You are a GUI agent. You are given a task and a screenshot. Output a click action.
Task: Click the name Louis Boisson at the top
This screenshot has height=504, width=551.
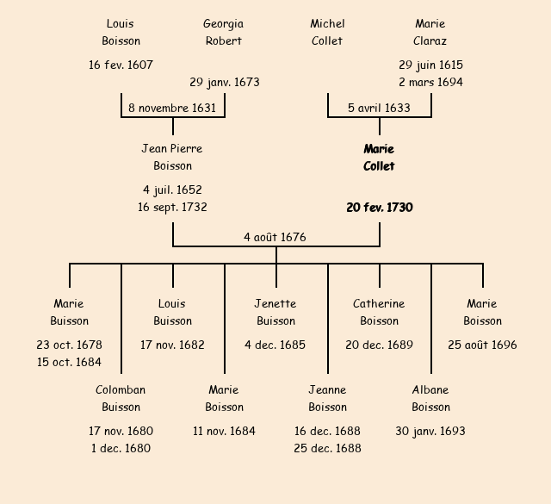coord(121,32)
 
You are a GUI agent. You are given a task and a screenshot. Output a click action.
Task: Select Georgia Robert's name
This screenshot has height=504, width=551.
coord(224,32)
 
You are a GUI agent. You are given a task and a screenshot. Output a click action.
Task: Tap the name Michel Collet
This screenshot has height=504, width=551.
coord(327,32)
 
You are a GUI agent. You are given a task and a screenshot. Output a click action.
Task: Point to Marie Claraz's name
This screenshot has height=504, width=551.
coord(430,32)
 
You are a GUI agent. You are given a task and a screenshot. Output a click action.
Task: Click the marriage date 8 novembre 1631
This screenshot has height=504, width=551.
coord(172,108)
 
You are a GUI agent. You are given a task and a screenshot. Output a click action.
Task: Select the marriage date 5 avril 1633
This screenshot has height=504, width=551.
coord(379,108)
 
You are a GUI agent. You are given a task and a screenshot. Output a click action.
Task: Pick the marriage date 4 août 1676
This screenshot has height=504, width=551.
coord(275,237)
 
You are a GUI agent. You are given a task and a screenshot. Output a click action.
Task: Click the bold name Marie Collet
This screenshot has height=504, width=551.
coord(379,158)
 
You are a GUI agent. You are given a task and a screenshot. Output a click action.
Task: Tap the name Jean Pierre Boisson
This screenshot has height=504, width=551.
coord(172,158)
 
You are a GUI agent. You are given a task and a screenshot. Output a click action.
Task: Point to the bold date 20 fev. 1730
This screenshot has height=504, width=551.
coord(380,208)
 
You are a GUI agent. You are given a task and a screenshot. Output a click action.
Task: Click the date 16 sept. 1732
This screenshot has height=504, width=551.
coord(172,207)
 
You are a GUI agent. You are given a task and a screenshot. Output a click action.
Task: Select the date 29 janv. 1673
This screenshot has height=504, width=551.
coord(225,83)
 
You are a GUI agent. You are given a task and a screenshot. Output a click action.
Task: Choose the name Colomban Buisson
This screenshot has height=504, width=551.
coord(121,399)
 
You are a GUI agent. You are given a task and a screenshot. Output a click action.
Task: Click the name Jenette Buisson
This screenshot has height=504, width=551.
coord(275,313)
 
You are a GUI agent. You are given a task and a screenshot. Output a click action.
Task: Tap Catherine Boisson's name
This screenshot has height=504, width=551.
coord(379,313)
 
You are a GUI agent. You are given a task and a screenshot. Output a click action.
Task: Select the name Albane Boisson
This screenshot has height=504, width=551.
coord(430,399)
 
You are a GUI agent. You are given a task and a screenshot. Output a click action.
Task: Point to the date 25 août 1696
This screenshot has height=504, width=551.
coord(482,345)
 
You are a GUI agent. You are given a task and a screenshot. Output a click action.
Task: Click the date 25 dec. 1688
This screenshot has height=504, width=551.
coord(327,448)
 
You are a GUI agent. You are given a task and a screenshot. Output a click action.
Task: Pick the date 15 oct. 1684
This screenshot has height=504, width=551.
coord(69,362)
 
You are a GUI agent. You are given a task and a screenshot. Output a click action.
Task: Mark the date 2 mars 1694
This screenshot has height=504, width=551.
coord(430,83)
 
